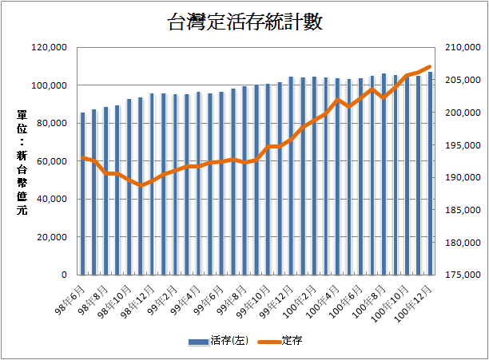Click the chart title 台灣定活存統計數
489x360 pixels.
pos(245,22)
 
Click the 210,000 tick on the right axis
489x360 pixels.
pos(459,48)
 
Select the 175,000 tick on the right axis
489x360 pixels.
pos(459,275)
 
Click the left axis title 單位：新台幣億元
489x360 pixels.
pos(22,160)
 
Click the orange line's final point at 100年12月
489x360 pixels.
pos(430,66)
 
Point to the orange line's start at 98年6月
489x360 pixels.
pos(82,157)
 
